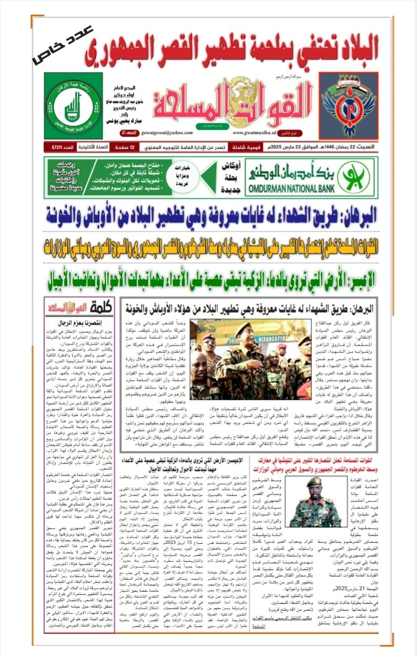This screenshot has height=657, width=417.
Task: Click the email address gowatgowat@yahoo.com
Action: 173,133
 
